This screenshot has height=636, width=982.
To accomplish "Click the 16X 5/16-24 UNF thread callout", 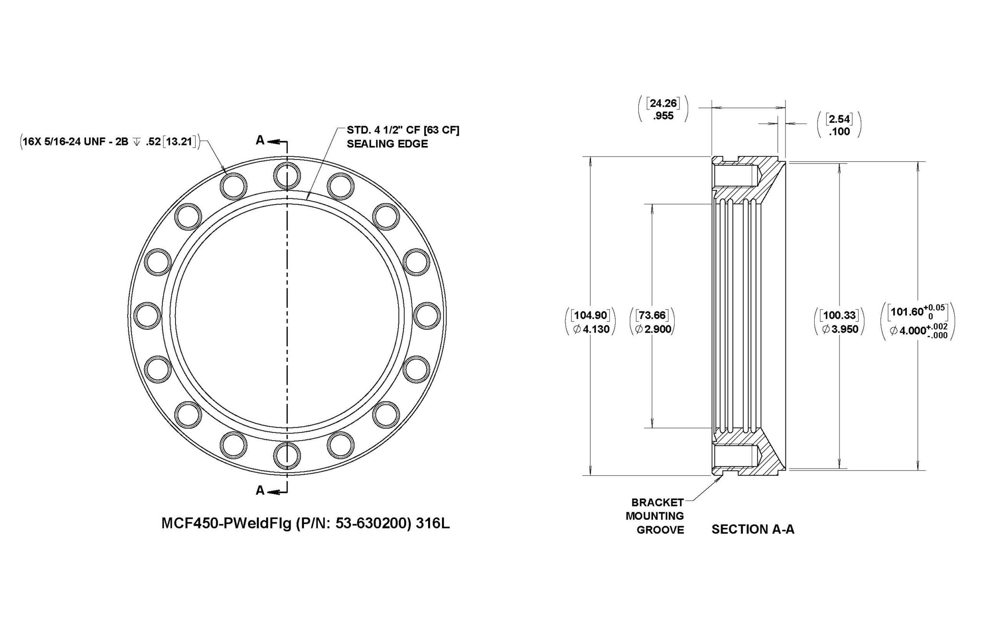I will tap(108, 141).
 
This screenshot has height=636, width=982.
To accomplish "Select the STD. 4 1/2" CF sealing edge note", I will tap(403, 137).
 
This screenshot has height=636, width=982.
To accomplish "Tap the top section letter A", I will tap(260, 140).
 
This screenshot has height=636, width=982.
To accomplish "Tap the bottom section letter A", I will tap(260, 491).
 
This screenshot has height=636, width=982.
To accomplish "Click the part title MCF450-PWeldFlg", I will tap(225, 524).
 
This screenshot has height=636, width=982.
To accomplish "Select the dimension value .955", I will tap(663, 116).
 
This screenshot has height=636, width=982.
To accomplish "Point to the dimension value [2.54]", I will tap(839, 119).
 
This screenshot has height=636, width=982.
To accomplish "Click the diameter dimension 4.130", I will tap(591, 330).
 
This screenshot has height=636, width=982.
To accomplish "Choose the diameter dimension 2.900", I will tap(653, 329).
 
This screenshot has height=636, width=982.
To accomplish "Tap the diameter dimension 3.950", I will tap(840, 329).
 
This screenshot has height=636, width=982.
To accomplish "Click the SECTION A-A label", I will tap(753, 529).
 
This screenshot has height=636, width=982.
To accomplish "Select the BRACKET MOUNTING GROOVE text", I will tap(657, 516).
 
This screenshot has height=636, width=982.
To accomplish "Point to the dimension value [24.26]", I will tap(663, 103).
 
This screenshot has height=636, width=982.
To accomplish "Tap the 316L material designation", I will tap(433, 524).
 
